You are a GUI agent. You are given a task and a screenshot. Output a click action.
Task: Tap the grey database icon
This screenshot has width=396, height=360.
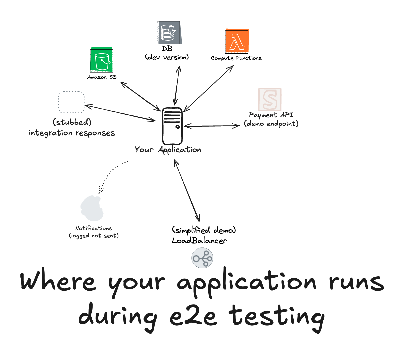(169, 33)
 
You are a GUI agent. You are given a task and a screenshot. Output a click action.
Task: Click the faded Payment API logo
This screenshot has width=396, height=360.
(270, 99)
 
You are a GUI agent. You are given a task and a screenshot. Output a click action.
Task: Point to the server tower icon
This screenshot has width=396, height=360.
(172, 126)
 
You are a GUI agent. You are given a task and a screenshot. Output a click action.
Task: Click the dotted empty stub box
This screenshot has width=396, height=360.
(71, 102)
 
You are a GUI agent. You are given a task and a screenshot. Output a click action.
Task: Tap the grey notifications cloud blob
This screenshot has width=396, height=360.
(92, 208)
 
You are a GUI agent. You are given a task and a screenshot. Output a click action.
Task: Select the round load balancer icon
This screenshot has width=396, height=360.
(202, 258)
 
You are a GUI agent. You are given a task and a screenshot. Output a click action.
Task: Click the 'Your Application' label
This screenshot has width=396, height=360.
(168, 150)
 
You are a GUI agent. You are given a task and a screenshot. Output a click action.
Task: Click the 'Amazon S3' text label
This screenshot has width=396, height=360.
(102, 77)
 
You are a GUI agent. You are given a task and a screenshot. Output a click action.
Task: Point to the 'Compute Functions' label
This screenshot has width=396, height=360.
(236, 58)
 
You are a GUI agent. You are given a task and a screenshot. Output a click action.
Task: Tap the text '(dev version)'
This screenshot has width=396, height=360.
(167, 57)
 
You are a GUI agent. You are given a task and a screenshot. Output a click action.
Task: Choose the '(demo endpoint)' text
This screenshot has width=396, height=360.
(271, 124)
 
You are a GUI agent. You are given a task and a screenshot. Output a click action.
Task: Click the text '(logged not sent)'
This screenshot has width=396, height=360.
(94, 236)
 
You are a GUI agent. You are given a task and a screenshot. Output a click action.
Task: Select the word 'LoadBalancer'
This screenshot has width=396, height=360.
(199, 240)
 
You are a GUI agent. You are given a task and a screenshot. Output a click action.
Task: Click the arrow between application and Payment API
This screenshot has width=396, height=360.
(212, 126)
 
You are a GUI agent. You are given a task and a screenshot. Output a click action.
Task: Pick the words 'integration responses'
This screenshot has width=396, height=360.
(72, 133)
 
